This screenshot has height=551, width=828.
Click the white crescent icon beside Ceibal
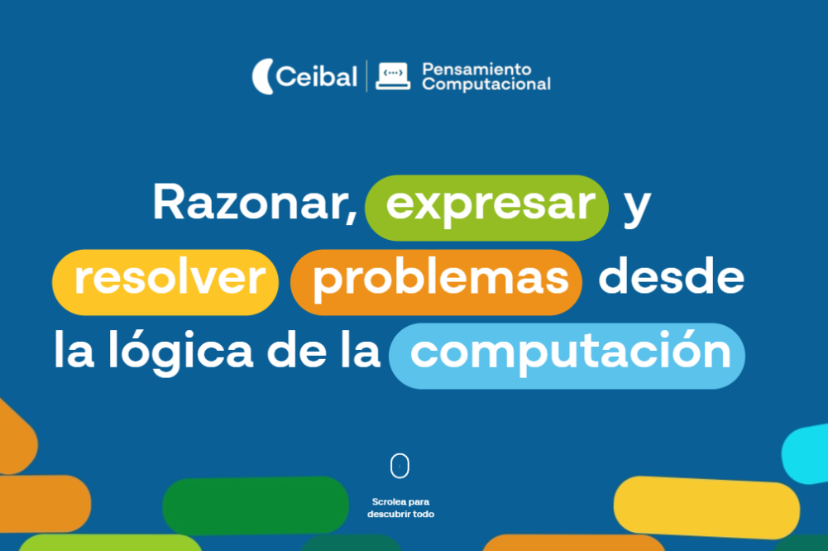(262, 77)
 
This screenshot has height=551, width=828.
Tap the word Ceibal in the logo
(317, 78)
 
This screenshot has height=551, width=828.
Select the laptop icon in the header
(392, 77)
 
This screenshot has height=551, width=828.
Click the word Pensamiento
(476, 69)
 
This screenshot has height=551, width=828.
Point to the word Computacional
(486, 84)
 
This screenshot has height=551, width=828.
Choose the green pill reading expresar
(487, 207)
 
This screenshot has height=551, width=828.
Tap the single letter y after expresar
(637, 207)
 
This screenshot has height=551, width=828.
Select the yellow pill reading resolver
(165, 281)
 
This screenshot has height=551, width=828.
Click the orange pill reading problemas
(436, 281)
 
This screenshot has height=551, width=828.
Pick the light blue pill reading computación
(567, 355)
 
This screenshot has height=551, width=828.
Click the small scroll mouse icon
(400, 467)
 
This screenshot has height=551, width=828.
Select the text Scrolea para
(400, 501)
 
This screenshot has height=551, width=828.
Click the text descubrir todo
(400, 514)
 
